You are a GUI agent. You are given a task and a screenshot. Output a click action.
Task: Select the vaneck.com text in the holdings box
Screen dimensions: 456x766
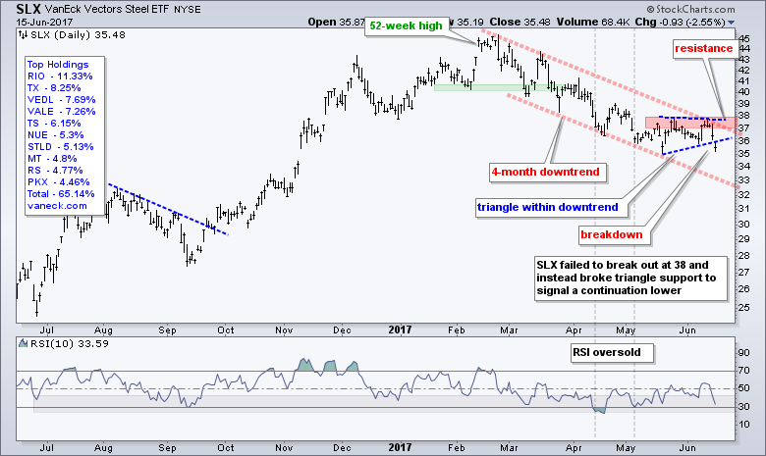coord(58,207)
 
